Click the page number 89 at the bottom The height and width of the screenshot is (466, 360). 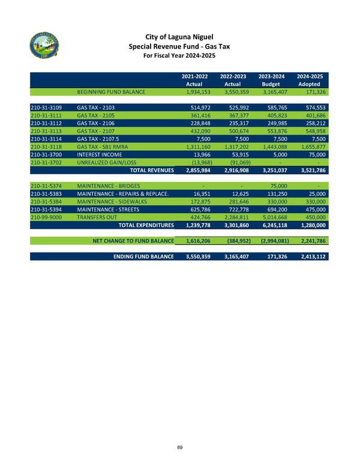click(x=179, y=447)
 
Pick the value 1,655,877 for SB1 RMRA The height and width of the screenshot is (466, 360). click(x=310, y=147)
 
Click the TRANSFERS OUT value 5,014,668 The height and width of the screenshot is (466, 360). click(x=273, y=217)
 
